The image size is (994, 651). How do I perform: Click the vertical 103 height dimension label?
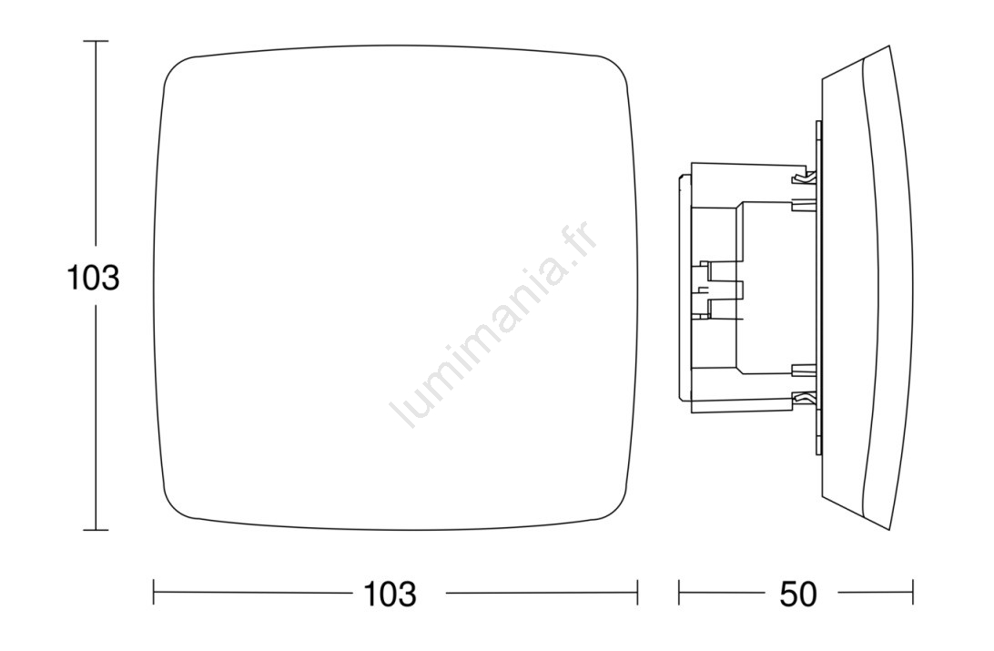pyautogui.click(x=93, y=278)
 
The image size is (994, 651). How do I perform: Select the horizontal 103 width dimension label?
pyautogui.click(x=390, y=594)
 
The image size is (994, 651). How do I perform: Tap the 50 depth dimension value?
pyautogui.click(x=798, y=594)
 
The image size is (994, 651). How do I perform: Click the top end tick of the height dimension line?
pyautogui.click(x=96, y=41)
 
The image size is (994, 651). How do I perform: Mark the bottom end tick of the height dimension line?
pyautogui.click(x=96, y=529)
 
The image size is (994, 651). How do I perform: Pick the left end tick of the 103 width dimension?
pyautogui.click(x=154, y=593)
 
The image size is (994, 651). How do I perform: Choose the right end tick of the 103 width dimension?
pyautogui.click(x=637, y=593)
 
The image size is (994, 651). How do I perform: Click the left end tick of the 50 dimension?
pyautogui.click(x=679, y=593)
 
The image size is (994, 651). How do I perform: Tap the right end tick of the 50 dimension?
pyautogui.click(x=913, y=593)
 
